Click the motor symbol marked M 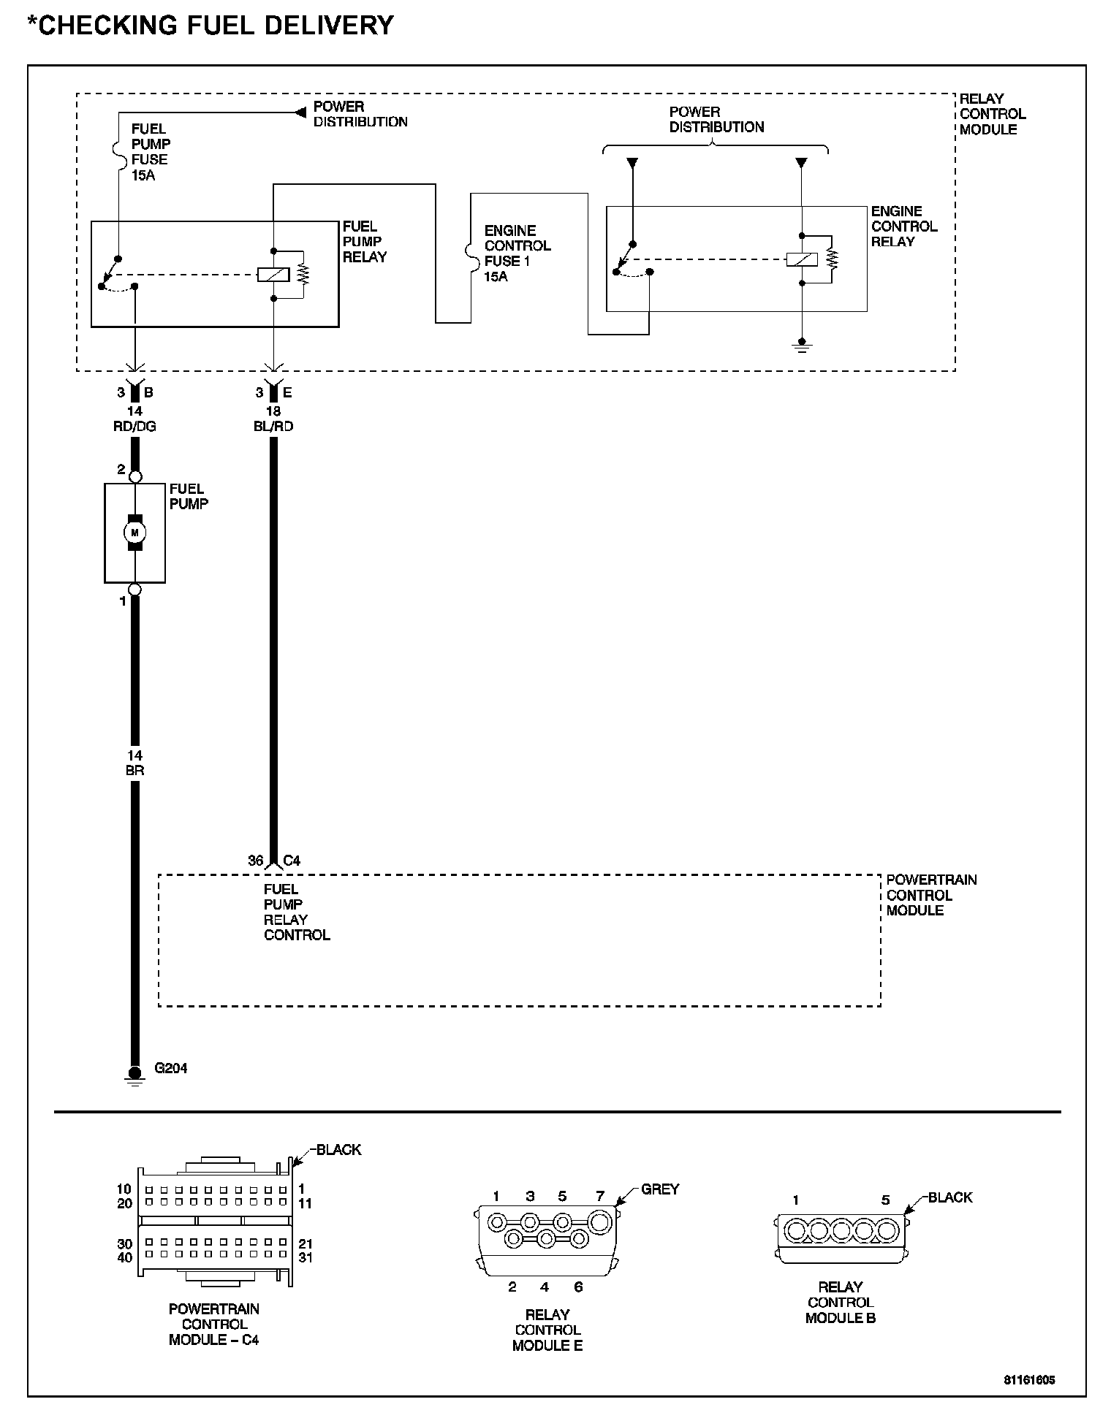point(134,533)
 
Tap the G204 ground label point(170,1068)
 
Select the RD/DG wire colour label point(134,426)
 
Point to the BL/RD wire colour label point(273,426)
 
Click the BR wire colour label point(134,770)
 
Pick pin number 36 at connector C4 point(255,861)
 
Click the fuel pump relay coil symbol point(273,275)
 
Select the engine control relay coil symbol point(802,259)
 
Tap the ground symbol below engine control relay point(802,345)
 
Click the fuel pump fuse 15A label point(150,152)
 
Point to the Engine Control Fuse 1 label point(517,254)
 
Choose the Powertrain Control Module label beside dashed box point(931,895)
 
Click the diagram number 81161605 point(1029,1380)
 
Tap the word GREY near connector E point(660,1189)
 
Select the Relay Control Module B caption point(841,1303)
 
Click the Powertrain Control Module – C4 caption point(213,1324)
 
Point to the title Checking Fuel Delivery point(211,26)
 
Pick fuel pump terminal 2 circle point(134,476)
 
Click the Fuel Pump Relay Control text point(296,912)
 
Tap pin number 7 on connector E point(600,1196)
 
